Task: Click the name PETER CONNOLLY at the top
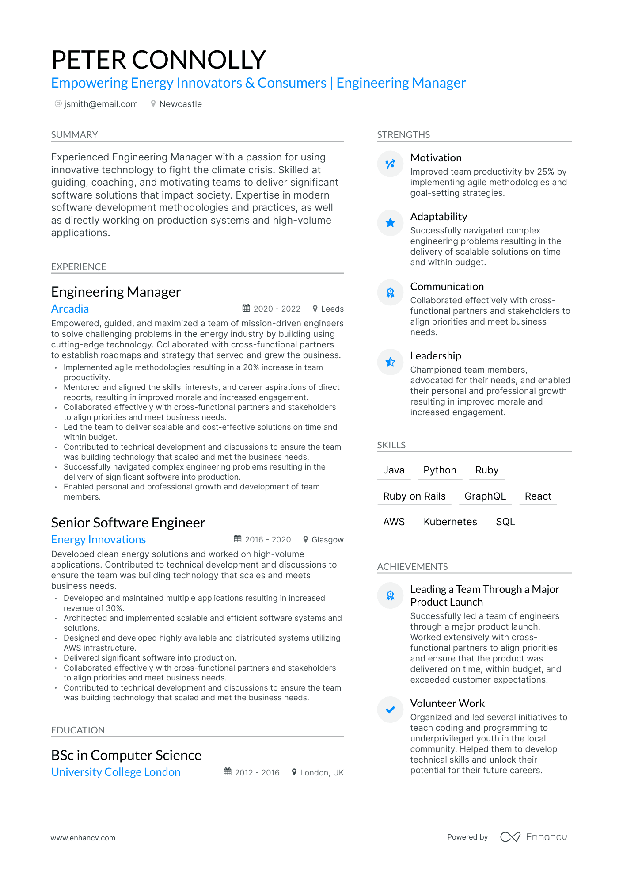159,60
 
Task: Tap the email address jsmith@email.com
101,104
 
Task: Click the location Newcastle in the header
180,104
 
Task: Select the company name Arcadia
70,309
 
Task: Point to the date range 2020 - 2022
277,309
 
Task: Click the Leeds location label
332,309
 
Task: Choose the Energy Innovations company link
98,539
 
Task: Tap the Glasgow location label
327,539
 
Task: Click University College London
116,772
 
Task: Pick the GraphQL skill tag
485,496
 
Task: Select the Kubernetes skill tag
450,522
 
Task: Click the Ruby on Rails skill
414,496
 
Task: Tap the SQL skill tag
505,522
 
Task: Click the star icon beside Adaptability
390,222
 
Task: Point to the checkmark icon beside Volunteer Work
390,710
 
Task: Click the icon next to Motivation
390,164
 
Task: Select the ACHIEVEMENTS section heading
412,566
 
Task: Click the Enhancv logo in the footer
533,837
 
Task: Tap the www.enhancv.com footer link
83,838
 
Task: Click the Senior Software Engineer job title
128,523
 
